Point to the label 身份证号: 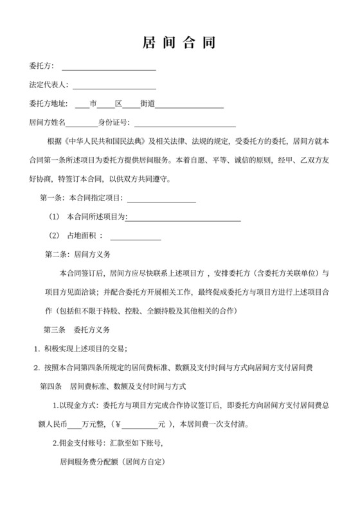(x=114, y=123)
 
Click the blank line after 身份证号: (x=184, y=124)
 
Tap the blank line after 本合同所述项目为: (x=183, y=219)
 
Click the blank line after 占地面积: (x=136, y=237)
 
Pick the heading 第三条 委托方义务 (x=75, y=330)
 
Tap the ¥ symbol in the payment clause (x=117, y=424)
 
